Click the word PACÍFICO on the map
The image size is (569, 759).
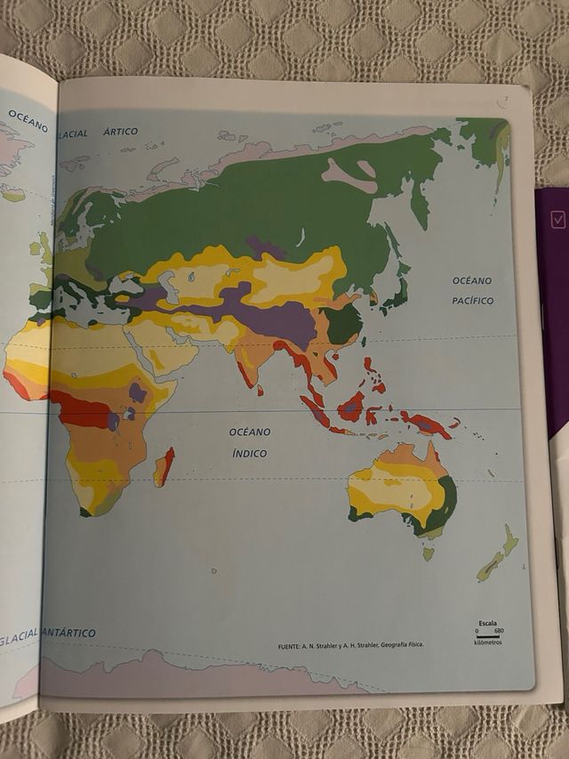coord(472,301)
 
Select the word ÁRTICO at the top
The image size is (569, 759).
coord(121,132)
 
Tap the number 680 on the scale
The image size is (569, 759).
coord(499,630)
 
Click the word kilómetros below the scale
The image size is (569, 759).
coord(488,642)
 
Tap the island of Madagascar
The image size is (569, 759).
coord(164,467)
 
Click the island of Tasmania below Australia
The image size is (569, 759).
coord(429,553)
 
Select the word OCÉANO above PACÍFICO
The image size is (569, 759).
coord(472,280)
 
